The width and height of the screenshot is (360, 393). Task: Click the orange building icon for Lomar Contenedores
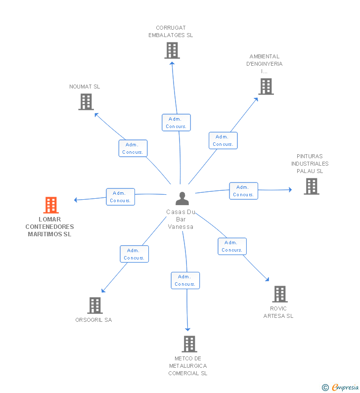pos(51,205)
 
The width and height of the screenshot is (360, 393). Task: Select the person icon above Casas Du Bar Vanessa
pos(182,199)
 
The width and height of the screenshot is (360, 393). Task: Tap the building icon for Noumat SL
pos(86,102)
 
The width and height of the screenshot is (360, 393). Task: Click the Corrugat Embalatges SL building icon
pos(172,50)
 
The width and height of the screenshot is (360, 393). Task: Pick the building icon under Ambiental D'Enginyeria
pos(266,87)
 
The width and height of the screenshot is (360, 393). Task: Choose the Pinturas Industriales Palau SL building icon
pos(312,186)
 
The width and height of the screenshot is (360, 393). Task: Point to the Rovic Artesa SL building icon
pos(280,294)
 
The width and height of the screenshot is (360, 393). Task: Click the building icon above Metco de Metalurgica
pos(189,344)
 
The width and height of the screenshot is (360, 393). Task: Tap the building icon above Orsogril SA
pos(95,306)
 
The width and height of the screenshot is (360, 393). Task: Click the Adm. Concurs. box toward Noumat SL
pos(133,148)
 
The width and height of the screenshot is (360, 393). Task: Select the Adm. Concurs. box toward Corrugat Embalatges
pos(176,123)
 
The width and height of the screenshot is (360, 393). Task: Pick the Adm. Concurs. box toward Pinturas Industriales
pos(244,191)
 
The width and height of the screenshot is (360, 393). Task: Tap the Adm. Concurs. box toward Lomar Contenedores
pos(120,197)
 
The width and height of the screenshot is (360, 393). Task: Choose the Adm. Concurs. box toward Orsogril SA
pos(135,254)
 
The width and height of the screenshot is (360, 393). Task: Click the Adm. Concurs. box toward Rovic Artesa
pos(232,246)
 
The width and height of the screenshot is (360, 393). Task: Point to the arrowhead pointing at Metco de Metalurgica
pos(187,329)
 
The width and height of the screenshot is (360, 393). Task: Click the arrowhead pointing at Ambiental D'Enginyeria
pos(256,99)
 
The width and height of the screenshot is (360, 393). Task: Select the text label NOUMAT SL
pos(85,87)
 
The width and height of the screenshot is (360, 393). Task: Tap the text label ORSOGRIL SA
pos(93,320)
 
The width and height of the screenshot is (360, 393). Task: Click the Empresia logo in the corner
pos(340,388)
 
